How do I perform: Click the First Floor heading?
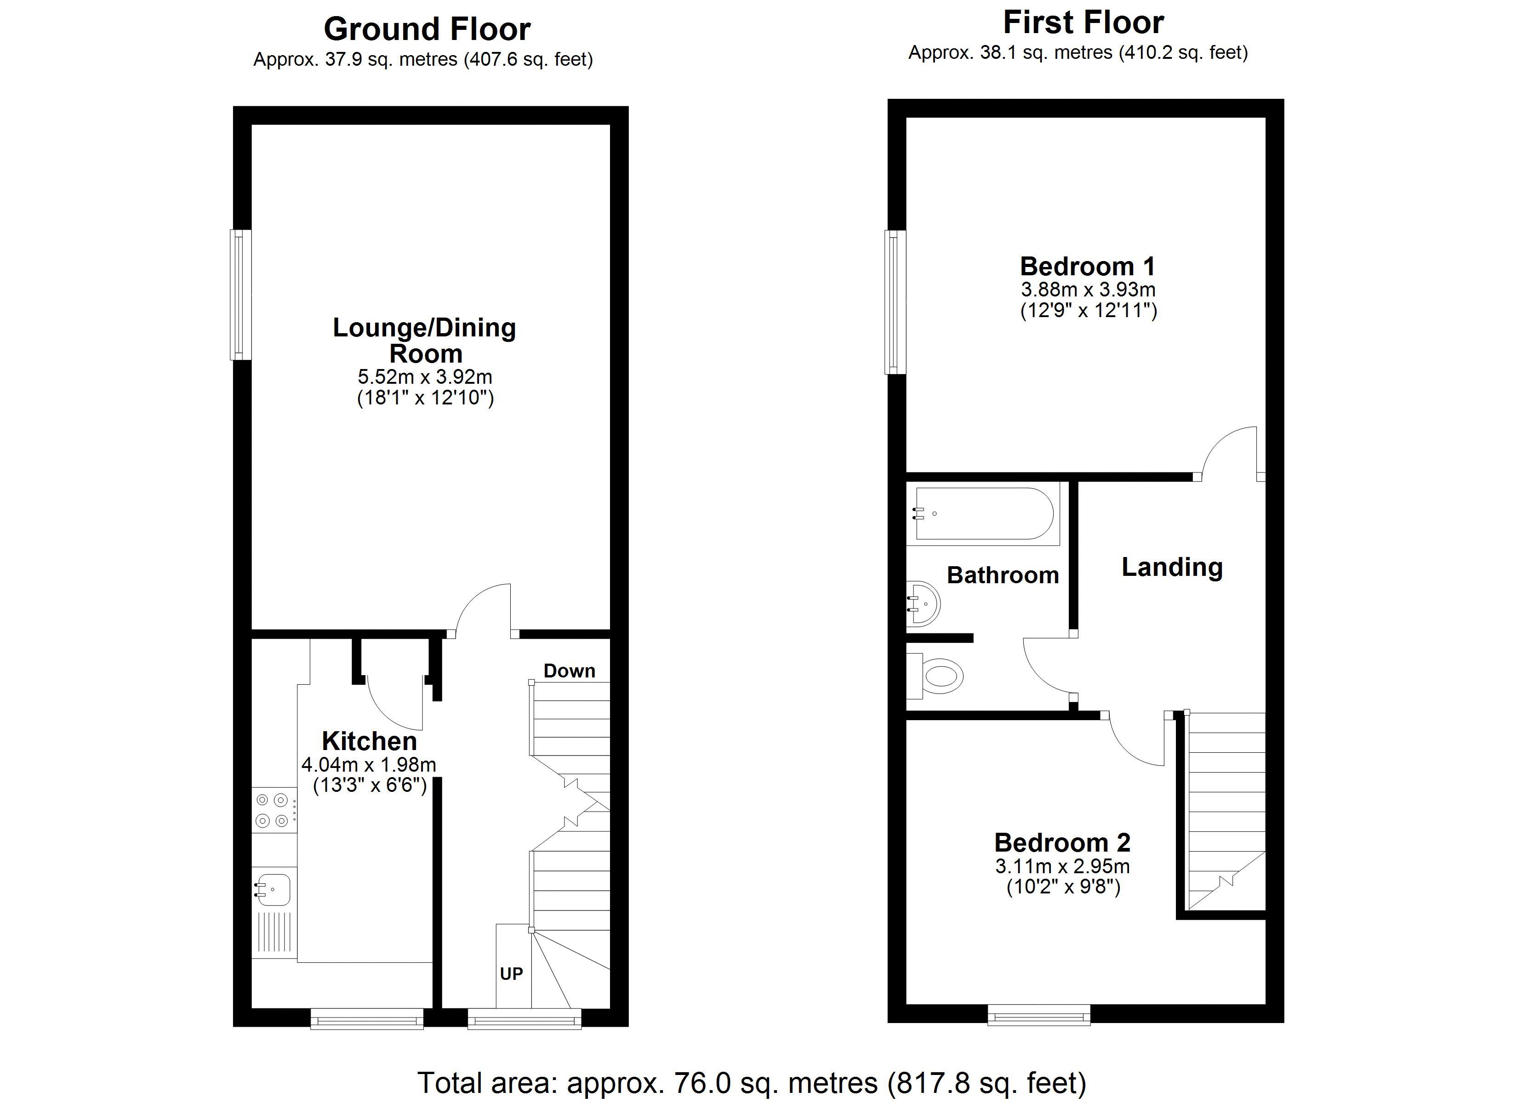1084,23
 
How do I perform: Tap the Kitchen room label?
369,741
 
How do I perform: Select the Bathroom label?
1003,575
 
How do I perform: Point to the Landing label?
1172,567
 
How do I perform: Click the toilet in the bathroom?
935,676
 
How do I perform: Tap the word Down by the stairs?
569,671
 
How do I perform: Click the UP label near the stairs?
512,974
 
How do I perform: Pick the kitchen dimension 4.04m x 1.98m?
369,764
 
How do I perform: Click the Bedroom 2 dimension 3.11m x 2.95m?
1062,866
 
